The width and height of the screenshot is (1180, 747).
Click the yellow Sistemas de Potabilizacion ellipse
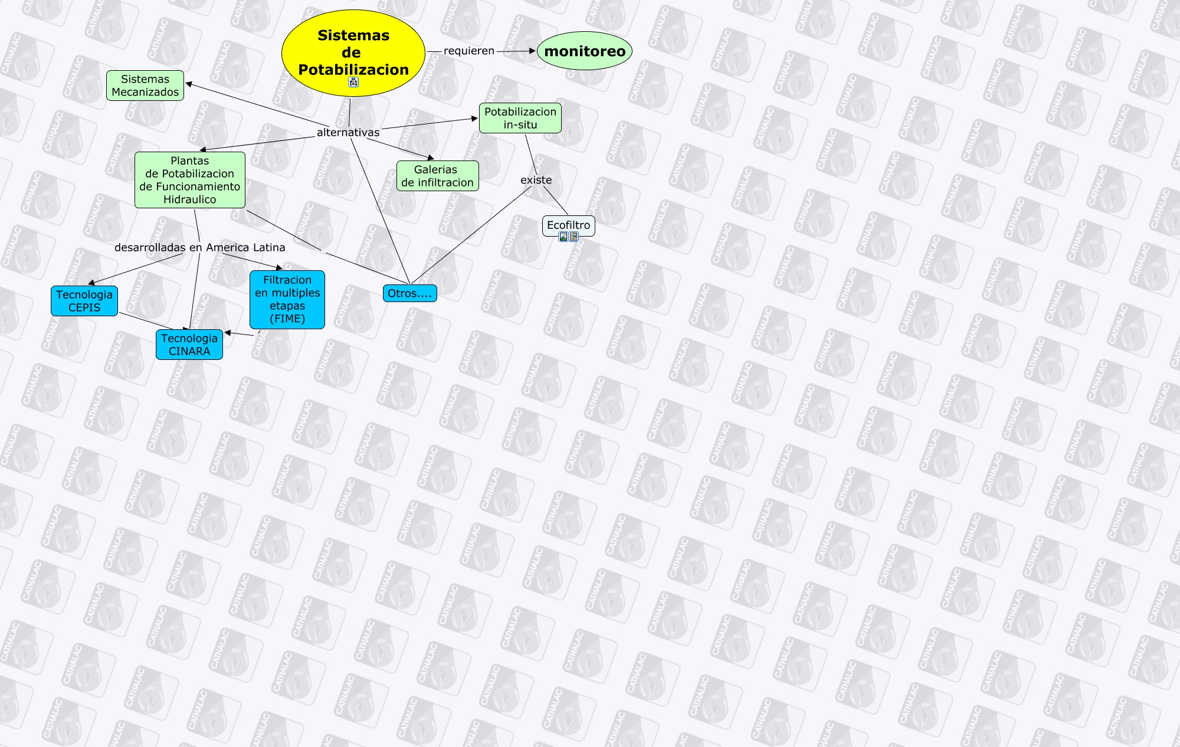pyautogui.click(x=353, y=47)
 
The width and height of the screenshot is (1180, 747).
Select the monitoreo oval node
pyautogui.click(x=585, y=51)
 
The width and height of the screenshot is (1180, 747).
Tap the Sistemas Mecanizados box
pyautogui.click(x=145, y=86)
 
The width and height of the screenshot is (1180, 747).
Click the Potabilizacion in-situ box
pyautogui.click(x=520, y=118)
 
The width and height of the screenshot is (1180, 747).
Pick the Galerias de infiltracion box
pyautogui.click(x=437, y=176)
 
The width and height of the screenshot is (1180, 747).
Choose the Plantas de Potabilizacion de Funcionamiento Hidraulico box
pyautogui.click(x=189, y=180)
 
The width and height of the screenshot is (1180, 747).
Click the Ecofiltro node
pyautogui.click(x=568, y=225)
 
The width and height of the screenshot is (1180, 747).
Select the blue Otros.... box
pyautogui.click(x=409, y=293)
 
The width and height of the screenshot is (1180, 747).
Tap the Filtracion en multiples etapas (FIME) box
pyautogui.click(x=287, y=299)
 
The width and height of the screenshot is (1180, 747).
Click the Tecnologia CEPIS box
pyautogui.click(x=84, y=301)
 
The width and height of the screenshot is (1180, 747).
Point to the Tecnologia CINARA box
pyautogui.click(x=189, y=345)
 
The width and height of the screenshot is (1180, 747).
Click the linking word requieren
pyautogui.click(x=469, y=51)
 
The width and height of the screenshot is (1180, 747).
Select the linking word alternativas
pyautogui.click(x=348, y=133)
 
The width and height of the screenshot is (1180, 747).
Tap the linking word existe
pyautogui.click(x=536, y=180)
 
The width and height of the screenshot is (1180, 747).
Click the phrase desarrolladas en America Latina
pyautogui.click(x=199, y=248)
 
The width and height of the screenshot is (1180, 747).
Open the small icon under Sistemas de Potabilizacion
pyautogui.click(x=353, y=82)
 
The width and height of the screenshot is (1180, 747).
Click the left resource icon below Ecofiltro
pyautogui.click(x=563, y=237)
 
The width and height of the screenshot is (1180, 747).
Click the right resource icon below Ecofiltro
pyautogui.click(x=573, y=237)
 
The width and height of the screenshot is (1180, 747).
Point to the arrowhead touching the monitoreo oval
pyautogui.click(x=532, y=51)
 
